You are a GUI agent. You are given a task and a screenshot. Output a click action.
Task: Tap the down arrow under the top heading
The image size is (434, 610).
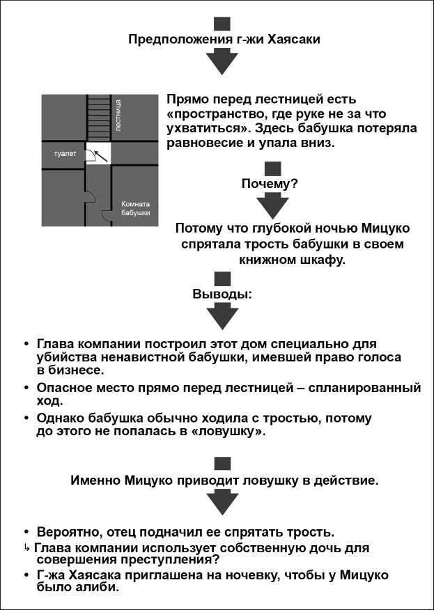click(222, 62)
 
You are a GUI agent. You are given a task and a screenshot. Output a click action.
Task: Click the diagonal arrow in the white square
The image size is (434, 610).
click(102, 153)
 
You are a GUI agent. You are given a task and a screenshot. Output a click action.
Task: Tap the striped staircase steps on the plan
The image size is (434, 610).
click(98, 118)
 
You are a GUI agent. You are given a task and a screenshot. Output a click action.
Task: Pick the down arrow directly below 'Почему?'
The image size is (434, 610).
click(273, 208)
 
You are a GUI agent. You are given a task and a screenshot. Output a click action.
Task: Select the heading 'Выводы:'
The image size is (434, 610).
click(222, 294)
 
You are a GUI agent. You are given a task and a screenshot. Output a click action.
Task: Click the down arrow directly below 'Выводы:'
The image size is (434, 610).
click(222, 317)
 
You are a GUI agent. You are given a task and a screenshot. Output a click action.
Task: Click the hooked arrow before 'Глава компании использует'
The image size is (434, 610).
click(27, 547)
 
